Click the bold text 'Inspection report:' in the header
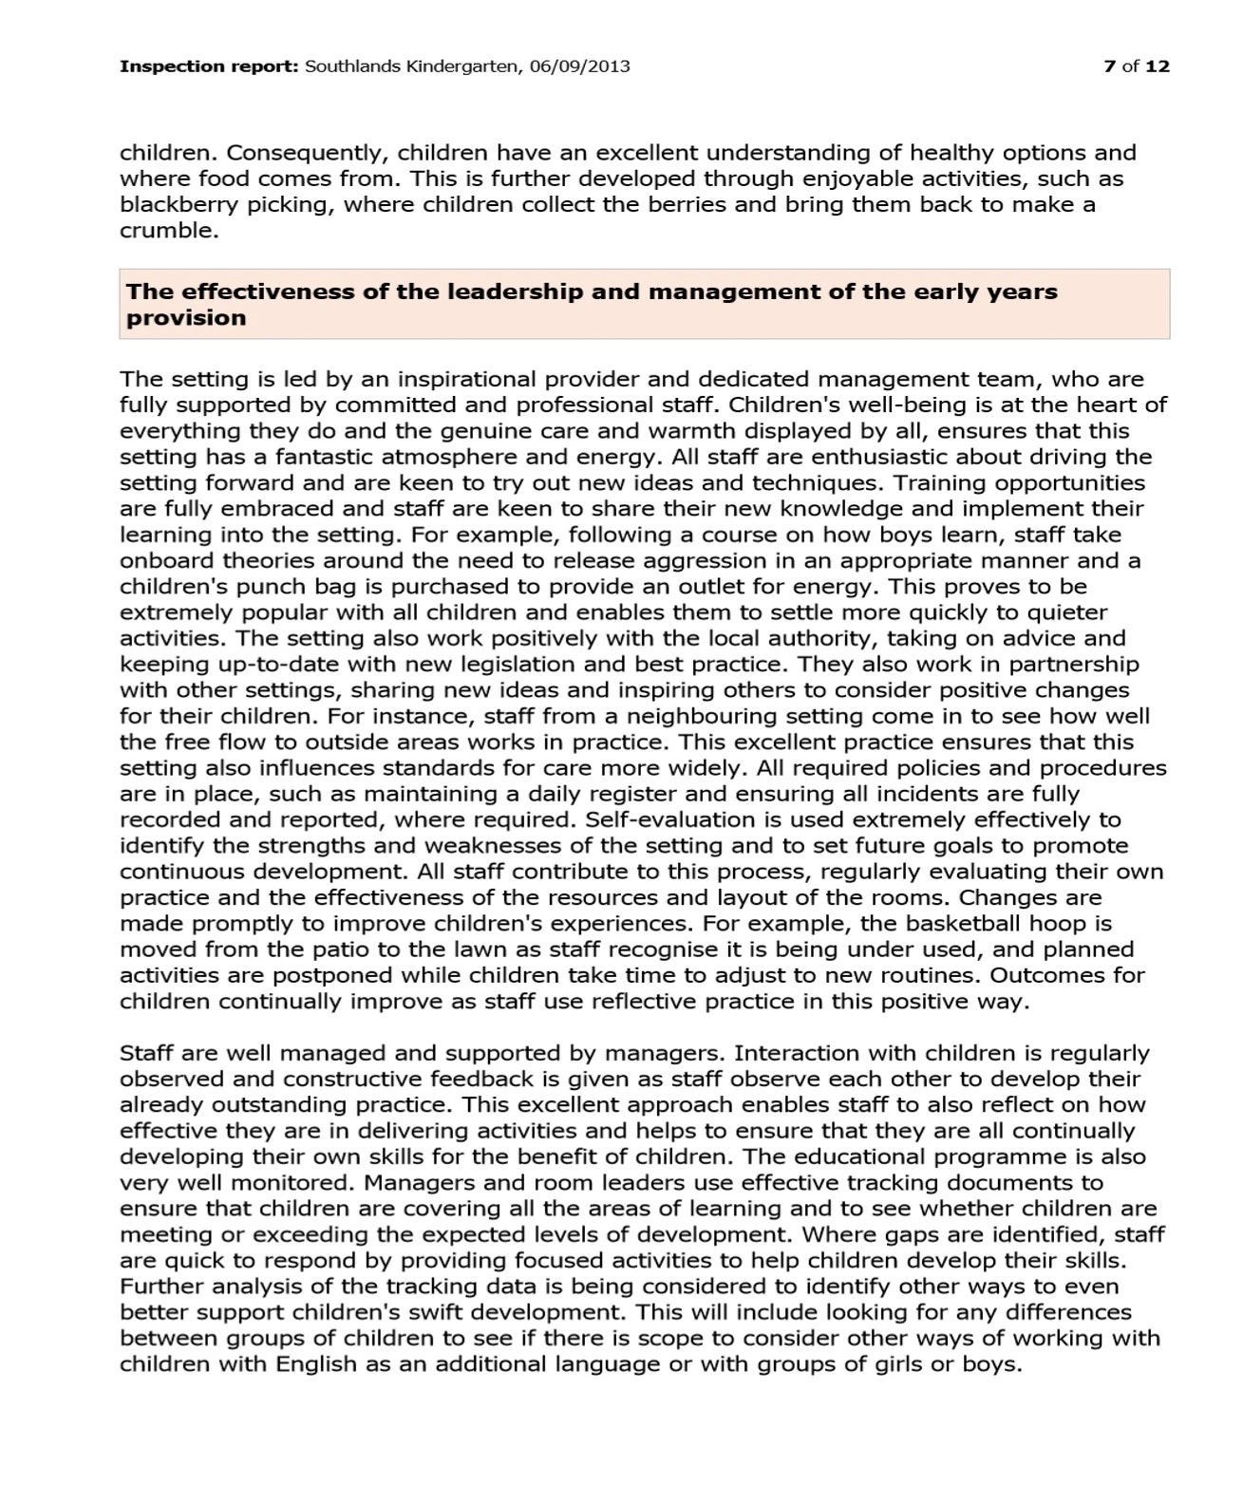coord(209,66)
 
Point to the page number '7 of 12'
coord(1137,66)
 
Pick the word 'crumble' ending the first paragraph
coord(167,231)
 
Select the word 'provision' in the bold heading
coord(186,318)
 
